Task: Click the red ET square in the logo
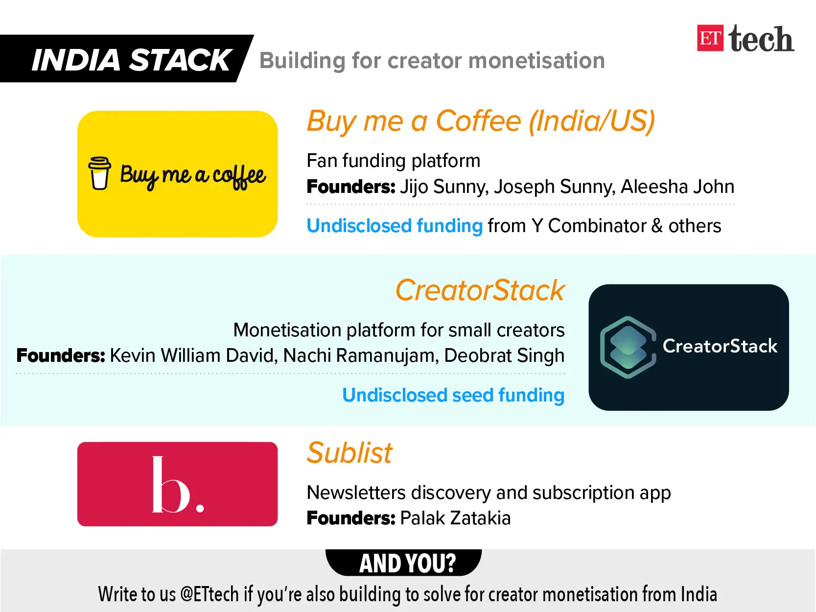tap(710, 38)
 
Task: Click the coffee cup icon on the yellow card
tap(99, 173)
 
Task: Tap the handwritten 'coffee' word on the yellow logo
tap(239, 176)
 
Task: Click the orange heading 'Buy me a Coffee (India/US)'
tap(481, 121)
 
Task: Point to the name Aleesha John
tap(677, 186)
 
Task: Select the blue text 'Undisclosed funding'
tap(395, 226)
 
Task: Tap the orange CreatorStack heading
tap(480, 290)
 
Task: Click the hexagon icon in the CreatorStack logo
tap(628, 347)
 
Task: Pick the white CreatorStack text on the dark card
tap(720, 346)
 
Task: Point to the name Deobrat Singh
tap(504, 355)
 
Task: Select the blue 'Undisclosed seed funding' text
tap(453, 395)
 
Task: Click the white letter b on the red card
tap(171, 484)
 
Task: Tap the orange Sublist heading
tap(349, 453)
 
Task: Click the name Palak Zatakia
tap(455, 518)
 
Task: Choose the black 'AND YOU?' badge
tap(404, 563)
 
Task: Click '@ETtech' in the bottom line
tap(210, 594)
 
